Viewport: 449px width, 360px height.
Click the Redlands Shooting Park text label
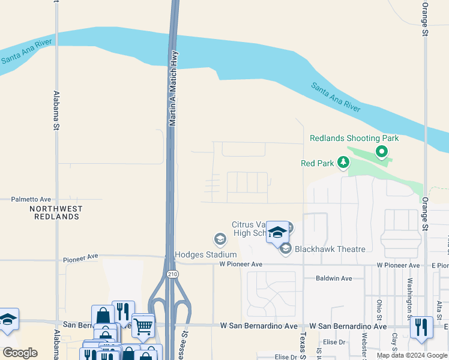click(x=354, y=138)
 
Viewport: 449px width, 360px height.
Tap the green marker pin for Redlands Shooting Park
click(x=381, y=152)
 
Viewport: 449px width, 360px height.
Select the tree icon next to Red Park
click(x=343, y=162)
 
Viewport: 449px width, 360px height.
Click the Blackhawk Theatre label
click(x=330, y=249)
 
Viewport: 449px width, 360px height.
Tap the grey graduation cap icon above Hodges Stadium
click(x=220, y=240)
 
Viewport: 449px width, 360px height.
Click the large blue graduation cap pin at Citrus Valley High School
click(x=277, y=233)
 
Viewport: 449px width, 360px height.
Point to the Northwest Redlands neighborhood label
click(x=56, y=212)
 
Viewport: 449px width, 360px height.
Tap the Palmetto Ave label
click(x=31, y=199)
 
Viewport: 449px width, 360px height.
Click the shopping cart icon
click(x=143, y=326)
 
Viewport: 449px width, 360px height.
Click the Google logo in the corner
click(x=20, y=353)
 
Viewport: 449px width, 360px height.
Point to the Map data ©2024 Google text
click(x=411, y=355)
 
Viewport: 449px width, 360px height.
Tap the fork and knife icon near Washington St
click(x=421, y=328)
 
